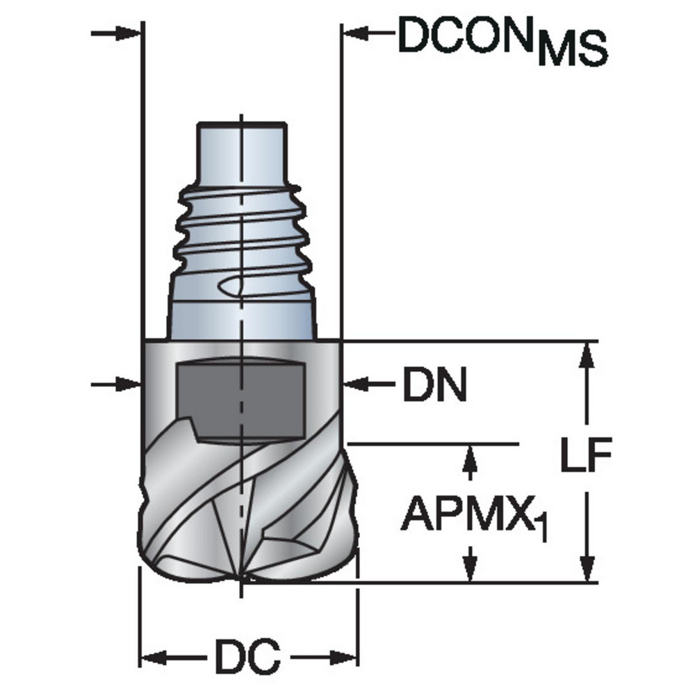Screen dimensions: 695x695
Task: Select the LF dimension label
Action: click(x=585, y=459)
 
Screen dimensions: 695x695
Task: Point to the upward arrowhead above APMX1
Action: click(x=471, y=456)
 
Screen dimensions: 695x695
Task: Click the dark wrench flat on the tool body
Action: click(x=240, y=400)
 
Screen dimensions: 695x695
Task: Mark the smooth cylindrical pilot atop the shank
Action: click(x=240, y=149)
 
